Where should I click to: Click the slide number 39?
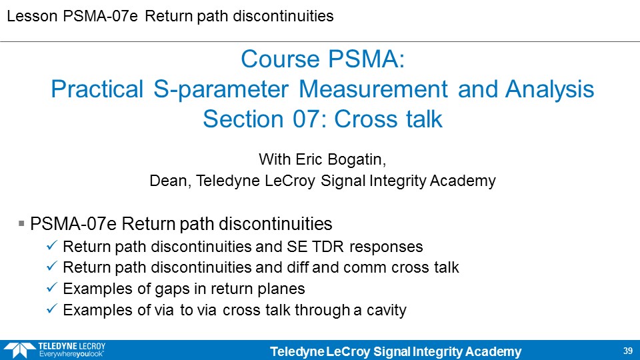[x=628, y=351]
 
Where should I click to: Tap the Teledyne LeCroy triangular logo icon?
[x=19, y=350]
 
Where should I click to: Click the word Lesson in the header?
[x=32, y=16]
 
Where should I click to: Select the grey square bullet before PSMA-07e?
[x=21, y=224]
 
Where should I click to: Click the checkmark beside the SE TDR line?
[x=51, y=245]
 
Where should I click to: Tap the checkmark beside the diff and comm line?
[x=51, y=266]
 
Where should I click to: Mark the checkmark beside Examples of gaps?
[x=51, y=287]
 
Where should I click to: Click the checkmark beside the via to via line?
[x=51, y=309]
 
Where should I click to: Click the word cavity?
[x=386, y=310]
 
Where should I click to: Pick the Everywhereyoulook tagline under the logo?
[x=71, y=354]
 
